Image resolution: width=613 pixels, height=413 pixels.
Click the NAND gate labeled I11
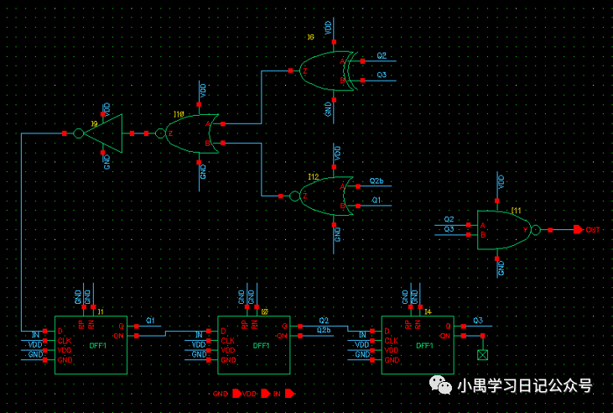point(503,229)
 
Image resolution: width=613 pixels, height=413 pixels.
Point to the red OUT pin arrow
point(578,229)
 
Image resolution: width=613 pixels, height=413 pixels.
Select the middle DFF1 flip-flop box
point(254,344)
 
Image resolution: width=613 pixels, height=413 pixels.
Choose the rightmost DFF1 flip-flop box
point(418,344)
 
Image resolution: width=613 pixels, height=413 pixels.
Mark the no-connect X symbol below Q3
point(482,355)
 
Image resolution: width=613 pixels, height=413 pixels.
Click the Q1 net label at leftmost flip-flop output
point(151,321)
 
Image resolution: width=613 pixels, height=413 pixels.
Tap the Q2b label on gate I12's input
point(377,181)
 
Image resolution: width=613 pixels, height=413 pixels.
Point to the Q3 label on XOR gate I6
point(382,75)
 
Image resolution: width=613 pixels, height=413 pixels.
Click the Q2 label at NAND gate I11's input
point(449,219)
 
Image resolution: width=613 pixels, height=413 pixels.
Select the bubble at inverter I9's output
point(79,133)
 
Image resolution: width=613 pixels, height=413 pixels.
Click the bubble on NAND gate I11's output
point(536,229)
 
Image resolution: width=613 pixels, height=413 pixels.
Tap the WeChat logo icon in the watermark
point(440,385)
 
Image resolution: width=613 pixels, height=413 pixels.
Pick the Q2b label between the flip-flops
point(324,331)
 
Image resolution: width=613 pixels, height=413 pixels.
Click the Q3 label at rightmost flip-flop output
point(478,321)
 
